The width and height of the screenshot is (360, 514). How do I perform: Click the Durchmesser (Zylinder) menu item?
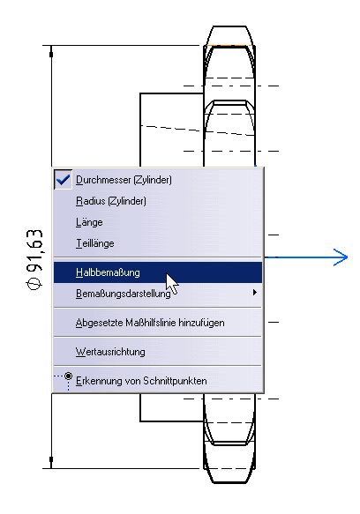click(x=124, y=180)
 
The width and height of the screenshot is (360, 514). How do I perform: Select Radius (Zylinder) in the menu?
click(x=111, y=201)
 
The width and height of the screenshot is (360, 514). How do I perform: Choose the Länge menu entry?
click(x=89, y=222)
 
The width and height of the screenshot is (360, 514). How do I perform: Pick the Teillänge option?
click(x=95, y=243)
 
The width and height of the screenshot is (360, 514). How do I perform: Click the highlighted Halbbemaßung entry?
click(x=108, y=272)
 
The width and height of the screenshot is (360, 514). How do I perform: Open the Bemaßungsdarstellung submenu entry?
click(x=123, y=293)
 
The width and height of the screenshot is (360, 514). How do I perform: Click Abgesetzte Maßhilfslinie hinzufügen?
click(x=150, y=323)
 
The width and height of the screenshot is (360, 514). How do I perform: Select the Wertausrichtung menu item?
click(x=110, y=352)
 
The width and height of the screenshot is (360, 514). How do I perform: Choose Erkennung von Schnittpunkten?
click(x=141, y=381)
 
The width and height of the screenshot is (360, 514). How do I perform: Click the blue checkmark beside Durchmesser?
click(x=63, y=180)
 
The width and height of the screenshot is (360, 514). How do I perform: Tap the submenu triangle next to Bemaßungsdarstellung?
click(x=255, y=293)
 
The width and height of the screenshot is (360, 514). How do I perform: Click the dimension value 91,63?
click(x=34, y=250)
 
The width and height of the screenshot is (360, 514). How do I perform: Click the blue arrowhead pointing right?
click(x=341, y=257)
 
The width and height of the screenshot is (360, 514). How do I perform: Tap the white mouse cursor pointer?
click(x=172, y=284)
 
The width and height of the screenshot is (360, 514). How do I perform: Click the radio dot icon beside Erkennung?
click(x=68, y=376)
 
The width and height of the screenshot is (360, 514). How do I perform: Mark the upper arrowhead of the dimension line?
click(x=51, y=51)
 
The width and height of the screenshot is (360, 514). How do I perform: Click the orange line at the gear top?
click(x=229, y=45)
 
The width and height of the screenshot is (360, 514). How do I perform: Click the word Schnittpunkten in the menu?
click(x=179, y=381)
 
